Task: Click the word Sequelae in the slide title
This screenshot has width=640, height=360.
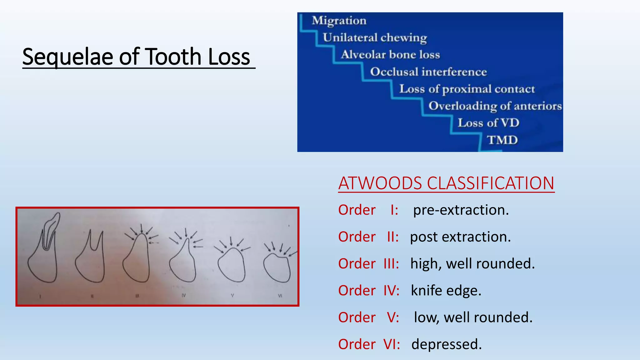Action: point(67,57)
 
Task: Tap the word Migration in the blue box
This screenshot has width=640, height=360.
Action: point(339,21)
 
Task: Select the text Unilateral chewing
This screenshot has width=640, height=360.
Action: point(375,38)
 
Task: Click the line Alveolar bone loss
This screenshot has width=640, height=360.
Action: point(390,55)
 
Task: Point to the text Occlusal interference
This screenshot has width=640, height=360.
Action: point(428,72)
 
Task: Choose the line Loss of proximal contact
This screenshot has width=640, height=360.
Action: point(467,89)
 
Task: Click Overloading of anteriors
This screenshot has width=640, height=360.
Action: point(495,106)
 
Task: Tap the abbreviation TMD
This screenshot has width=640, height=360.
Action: point(502,140)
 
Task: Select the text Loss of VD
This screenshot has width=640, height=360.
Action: point(488,123)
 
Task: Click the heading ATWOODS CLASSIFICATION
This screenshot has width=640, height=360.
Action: point(446,183)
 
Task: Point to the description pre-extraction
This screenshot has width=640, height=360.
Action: point(461,210)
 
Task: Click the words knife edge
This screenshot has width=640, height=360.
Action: point(446,291)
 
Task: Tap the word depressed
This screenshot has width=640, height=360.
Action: point(447,344)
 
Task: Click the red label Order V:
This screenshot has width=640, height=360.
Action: point(368,317)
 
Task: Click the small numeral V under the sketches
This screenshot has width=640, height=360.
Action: point(232,295)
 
